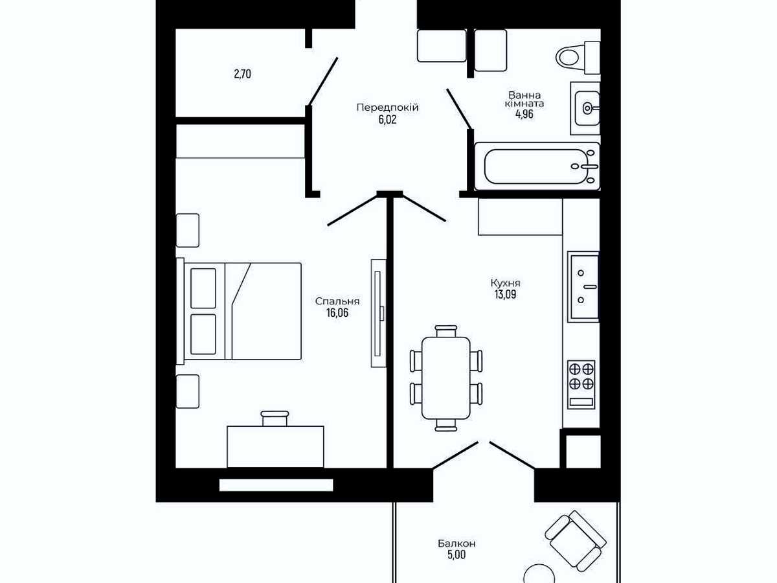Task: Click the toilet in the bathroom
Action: click(x=578, y=58)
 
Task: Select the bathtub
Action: click(x=537, y=166)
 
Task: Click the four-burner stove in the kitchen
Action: click(x=581, y=384)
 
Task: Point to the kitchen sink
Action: click(x=583, y=287)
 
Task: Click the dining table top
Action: click(x=446, y=378)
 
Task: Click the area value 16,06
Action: click(x=337, y=313)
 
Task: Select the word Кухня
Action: click(x=506, y=283)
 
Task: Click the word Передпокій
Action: click(x=387, y=108)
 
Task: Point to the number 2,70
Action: click(x=242, y=74)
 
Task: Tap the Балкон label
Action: click(x=456, y=543)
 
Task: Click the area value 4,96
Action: click(x=524, y=115)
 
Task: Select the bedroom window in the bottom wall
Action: click(x=276, y=485)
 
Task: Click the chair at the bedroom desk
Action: click(x=275, y=418)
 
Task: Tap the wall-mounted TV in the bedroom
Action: click(x=378, y=314)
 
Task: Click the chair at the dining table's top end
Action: click(x=446, y=331)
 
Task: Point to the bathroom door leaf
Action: click(x=459, y=109)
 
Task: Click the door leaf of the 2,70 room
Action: click(x=323, y=82)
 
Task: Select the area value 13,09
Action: click(x=505, y=294)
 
